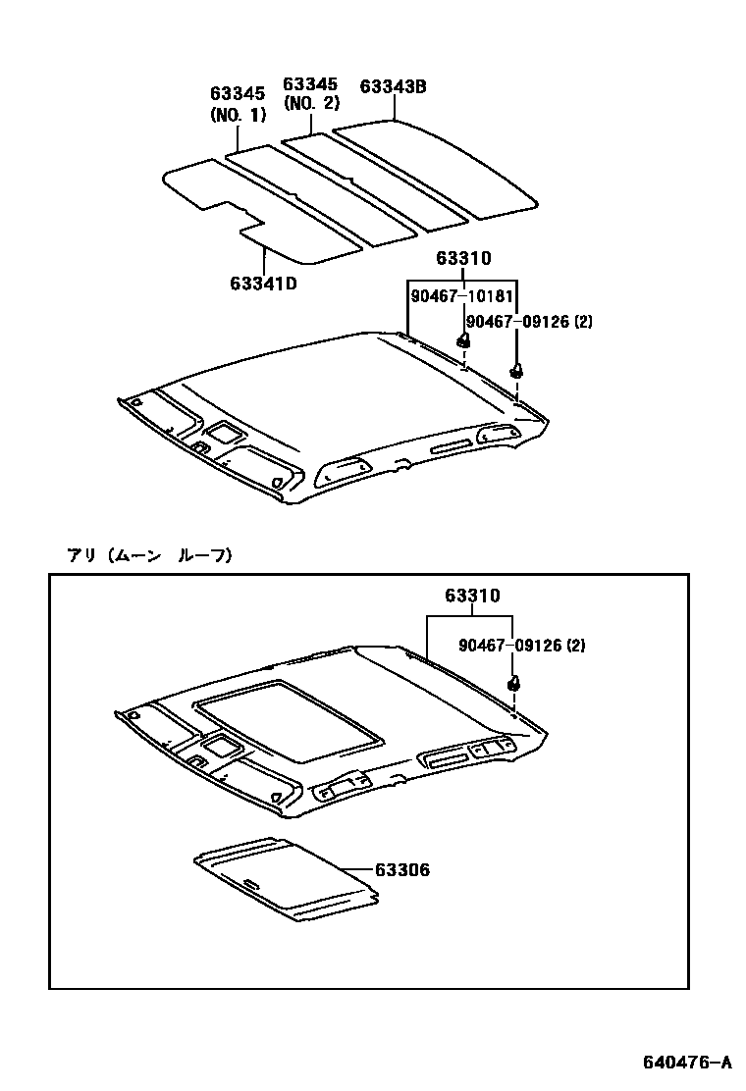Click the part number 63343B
tap(393, 86)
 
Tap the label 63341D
tap(263, 284)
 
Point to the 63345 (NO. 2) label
tap(311, 93)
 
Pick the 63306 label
tap(400, 870)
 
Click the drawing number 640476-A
tap(686, 1063)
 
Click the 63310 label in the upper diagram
tap(462, 259)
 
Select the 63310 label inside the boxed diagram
tap(471, 596)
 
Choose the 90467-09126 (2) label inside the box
tap(521, 645)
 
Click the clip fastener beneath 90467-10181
tap(463, 340)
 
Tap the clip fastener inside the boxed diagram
tap(512, 684)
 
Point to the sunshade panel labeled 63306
tap(285, 880)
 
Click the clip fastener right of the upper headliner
tap(515, 371)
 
